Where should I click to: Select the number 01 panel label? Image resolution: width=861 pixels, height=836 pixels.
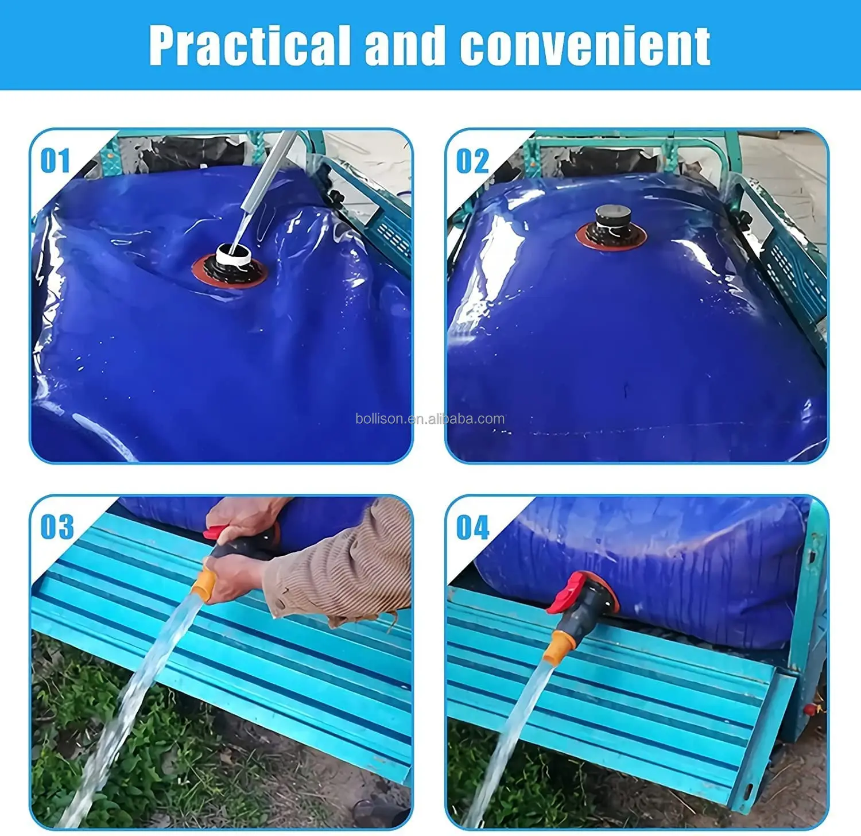(x=56, y=161)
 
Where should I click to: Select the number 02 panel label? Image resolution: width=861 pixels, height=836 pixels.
(x=472, y=161)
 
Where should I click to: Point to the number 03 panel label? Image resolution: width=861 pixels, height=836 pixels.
(x=57, y=527)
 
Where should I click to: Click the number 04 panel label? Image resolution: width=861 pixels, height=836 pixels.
(x=472, y=528)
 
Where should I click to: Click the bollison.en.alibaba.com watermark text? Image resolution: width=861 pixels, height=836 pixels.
(x=430, y=419)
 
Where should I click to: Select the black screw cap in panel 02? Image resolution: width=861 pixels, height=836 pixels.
(x=613, y=217)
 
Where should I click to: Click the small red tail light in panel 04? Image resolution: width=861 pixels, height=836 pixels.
(x=810, y=710)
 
